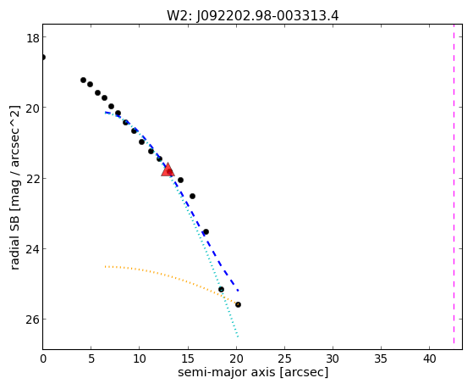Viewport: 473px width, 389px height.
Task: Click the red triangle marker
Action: (x=168, y=169)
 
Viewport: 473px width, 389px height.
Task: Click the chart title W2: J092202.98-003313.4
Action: (x=253, y=16)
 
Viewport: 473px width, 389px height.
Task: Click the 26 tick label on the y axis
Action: (x=32, y=320)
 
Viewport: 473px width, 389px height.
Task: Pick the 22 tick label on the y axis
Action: (x=32, y=178)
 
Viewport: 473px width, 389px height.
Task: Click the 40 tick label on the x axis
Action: (x=430, y=359)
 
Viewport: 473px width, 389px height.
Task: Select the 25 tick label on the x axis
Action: (x=284, y=359)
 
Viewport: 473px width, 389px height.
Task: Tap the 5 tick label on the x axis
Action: (x=91, y=359)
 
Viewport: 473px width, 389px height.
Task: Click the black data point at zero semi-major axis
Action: (x=43, y=57)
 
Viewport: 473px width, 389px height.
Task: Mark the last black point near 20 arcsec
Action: (x=238, y=304)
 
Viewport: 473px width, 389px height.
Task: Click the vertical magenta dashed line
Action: (x=454, y=185)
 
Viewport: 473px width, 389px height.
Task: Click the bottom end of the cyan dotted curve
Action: (x=238, y=336)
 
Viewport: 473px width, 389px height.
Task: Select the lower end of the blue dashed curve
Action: (x=239, y=291)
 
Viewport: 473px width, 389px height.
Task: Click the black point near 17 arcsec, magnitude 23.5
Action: (x=206, y=232)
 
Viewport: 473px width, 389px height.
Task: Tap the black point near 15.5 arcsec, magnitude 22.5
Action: (x=192, y=196)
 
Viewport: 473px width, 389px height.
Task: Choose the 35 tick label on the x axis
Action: (x=381, y=359)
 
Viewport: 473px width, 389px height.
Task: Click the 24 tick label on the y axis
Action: (x=32, y=249)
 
